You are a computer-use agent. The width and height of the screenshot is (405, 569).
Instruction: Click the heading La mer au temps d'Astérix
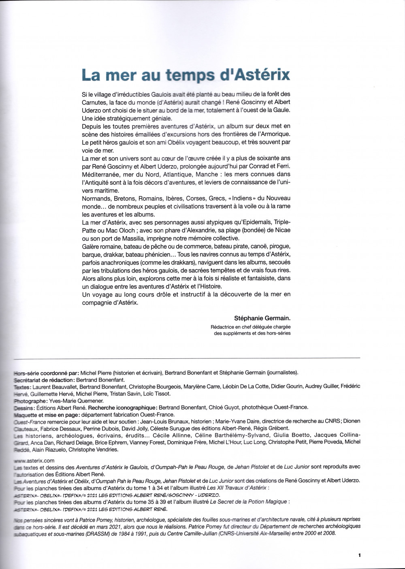(x=185, y=75)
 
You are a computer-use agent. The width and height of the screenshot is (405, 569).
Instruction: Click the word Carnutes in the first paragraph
(x=94, y=102)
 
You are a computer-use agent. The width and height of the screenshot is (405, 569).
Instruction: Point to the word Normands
(x=96, y=198)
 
